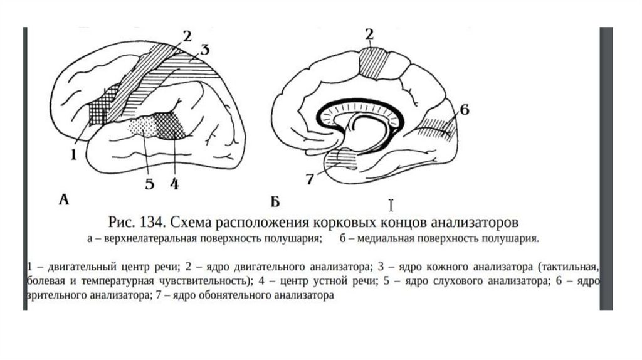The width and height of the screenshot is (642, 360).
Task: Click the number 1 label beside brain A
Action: point(73,152)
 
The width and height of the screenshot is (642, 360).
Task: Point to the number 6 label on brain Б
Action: point(463,110)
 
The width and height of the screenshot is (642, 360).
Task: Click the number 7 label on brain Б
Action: point(309,179)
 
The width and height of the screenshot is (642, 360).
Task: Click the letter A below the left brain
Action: point(63,199)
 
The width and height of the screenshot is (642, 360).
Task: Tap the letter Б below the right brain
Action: point(275,201)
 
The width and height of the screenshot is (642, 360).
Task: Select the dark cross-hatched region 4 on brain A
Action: point(174,127)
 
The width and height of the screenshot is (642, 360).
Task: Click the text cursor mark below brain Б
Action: point(391,205)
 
